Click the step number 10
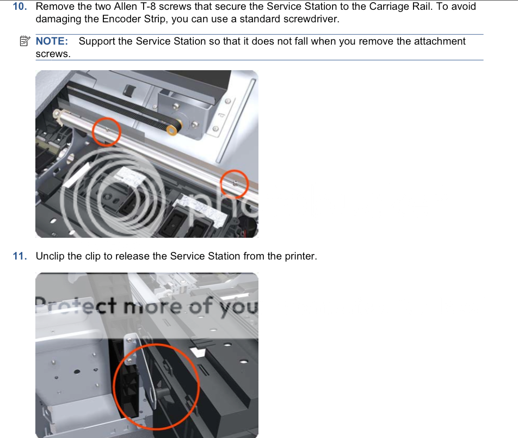click(20, 7)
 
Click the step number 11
click(20, 256)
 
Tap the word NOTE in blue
click(52, 41)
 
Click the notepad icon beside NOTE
click(25, 41)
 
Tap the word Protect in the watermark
click(76, 306)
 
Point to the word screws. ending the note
click(53, 54)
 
